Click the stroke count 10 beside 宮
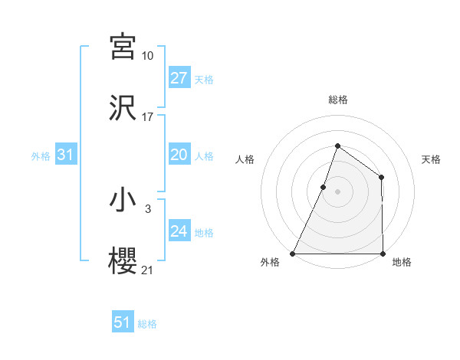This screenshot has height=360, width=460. [x=148, y=56]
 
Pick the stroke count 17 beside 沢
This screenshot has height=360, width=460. [x=148, y=117]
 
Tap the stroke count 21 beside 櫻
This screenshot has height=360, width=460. [x=148, y=270]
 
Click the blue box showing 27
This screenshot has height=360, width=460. [x=179, y=78]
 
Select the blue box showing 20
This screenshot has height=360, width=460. [x=179, y=155]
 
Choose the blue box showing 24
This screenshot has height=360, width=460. [x=179, y=231]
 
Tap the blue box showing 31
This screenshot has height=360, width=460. [x=65, y=155]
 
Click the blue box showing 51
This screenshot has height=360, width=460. [x=123, y=322]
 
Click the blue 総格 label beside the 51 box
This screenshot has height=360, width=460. [x=147, y=324]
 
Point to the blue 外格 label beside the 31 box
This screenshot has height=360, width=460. [x=41, y=156]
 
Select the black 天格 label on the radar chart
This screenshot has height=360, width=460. [x=431, y=159]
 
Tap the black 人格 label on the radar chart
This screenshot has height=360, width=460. [x=245, y=159]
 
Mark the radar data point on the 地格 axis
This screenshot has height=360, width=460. [x=383, y=254]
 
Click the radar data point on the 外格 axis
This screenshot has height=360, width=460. [x=293, y=254]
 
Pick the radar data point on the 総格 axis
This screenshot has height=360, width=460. [x=337, y=146]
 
